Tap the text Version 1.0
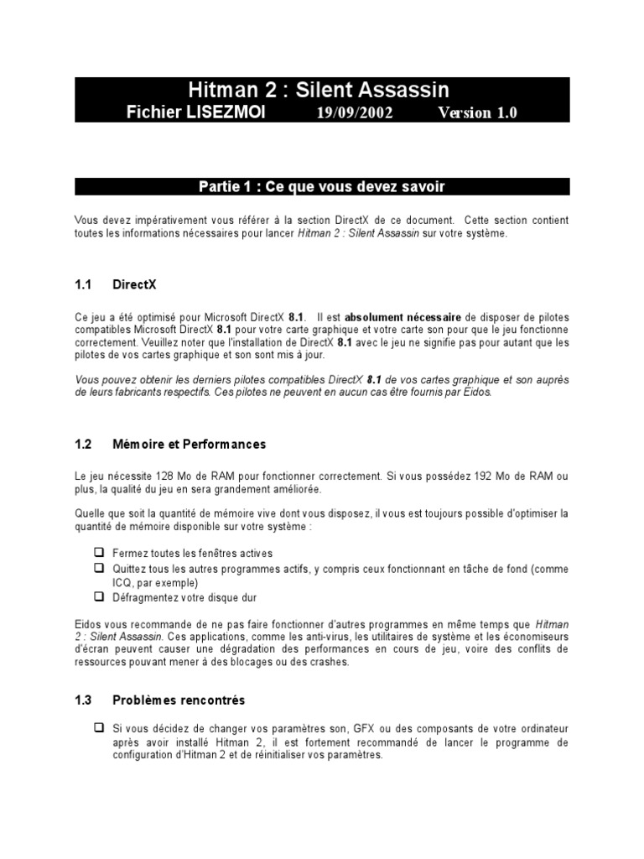click(x=477, y=112)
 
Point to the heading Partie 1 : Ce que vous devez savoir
click(x=322, y=186)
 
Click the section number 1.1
click(x=82, y=284)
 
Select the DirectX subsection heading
click(x=134, y=284)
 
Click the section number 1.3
click(x=82, y=699)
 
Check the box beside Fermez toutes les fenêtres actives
click(x=98, y=553)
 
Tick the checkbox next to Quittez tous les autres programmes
click(x=98, y=569)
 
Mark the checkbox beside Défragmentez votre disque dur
click(x=98, y=597)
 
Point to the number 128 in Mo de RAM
click(x=166, y=476)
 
